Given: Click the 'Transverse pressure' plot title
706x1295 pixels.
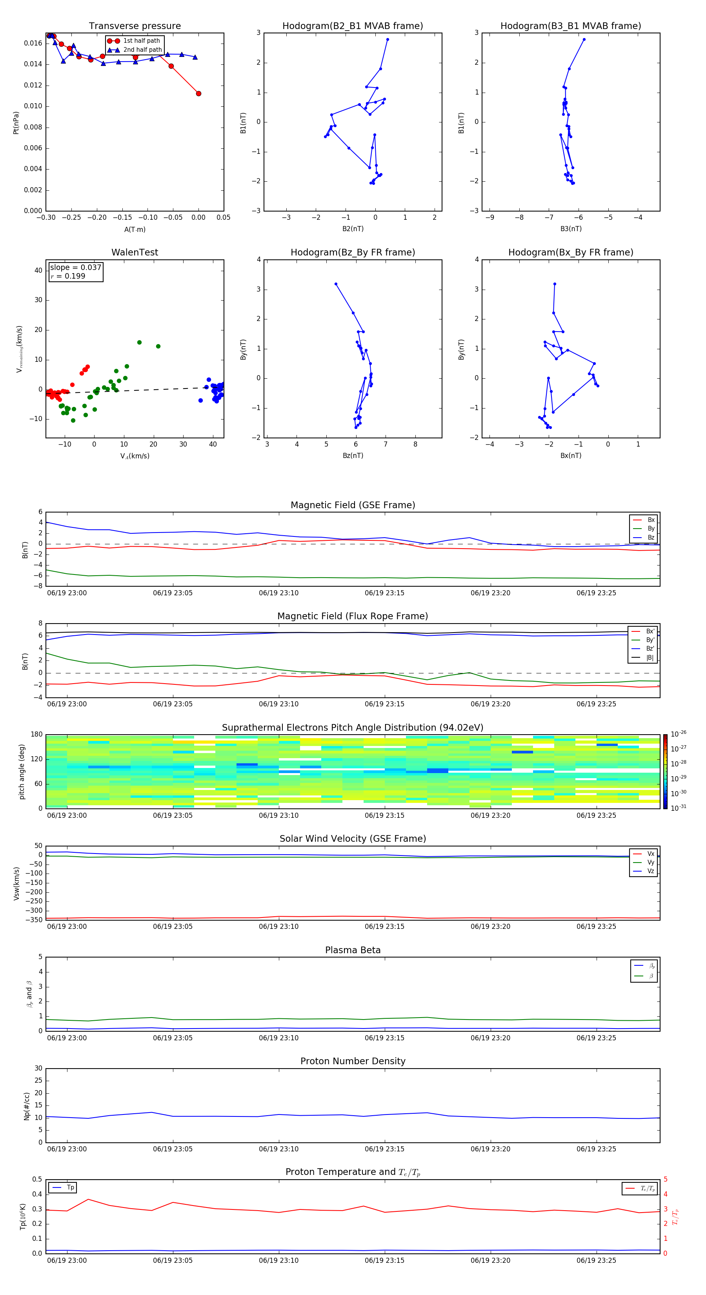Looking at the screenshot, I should coord(135,26).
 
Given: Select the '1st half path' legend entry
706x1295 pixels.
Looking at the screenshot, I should coord(141,41).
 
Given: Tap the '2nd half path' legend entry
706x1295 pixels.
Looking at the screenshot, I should coord(142,50).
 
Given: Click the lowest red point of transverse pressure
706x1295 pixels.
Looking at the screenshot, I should coord(198,93).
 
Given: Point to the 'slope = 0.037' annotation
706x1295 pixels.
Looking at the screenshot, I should coord(75,268).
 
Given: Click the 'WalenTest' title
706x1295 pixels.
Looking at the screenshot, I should coord(135,252).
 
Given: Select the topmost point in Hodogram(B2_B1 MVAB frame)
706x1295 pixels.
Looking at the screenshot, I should coord(388,39).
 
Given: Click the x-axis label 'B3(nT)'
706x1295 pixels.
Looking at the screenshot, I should coord(571,229).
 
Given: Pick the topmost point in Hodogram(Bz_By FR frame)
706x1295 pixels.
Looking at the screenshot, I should coord(336,284).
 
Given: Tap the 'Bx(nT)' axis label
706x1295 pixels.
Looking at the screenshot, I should coord(571,456).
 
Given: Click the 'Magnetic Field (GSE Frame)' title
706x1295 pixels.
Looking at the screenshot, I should coord(353,505).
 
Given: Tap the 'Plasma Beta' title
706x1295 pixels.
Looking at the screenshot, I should coord(353,950).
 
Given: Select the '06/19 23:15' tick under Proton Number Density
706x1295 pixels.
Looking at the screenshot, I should coord(384,1149).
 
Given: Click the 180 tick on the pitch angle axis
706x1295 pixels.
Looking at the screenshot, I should coord(37,735).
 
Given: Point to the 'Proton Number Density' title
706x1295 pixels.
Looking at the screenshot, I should coord(353,1061).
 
